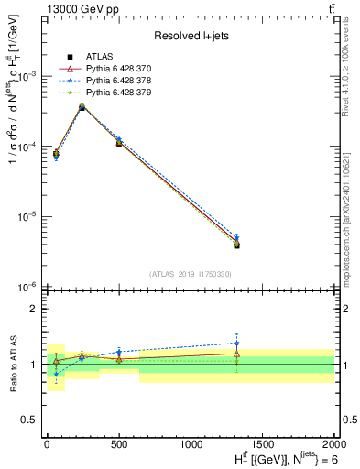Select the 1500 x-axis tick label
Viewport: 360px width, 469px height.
[x=263, y=443]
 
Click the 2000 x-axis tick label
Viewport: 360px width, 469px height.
[x=333, y=443]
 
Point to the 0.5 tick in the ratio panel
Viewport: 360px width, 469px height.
[x=30, y=420]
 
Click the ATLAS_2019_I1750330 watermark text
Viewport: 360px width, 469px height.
[x=190, y=274]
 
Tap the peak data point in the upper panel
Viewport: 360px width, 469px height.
[x=82, y=107]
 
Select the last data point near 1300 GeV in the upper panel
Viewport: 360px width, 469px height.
[x=236, y=244]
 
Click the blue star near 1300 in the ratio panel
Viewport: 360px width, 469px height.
[x=236, y=343]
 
